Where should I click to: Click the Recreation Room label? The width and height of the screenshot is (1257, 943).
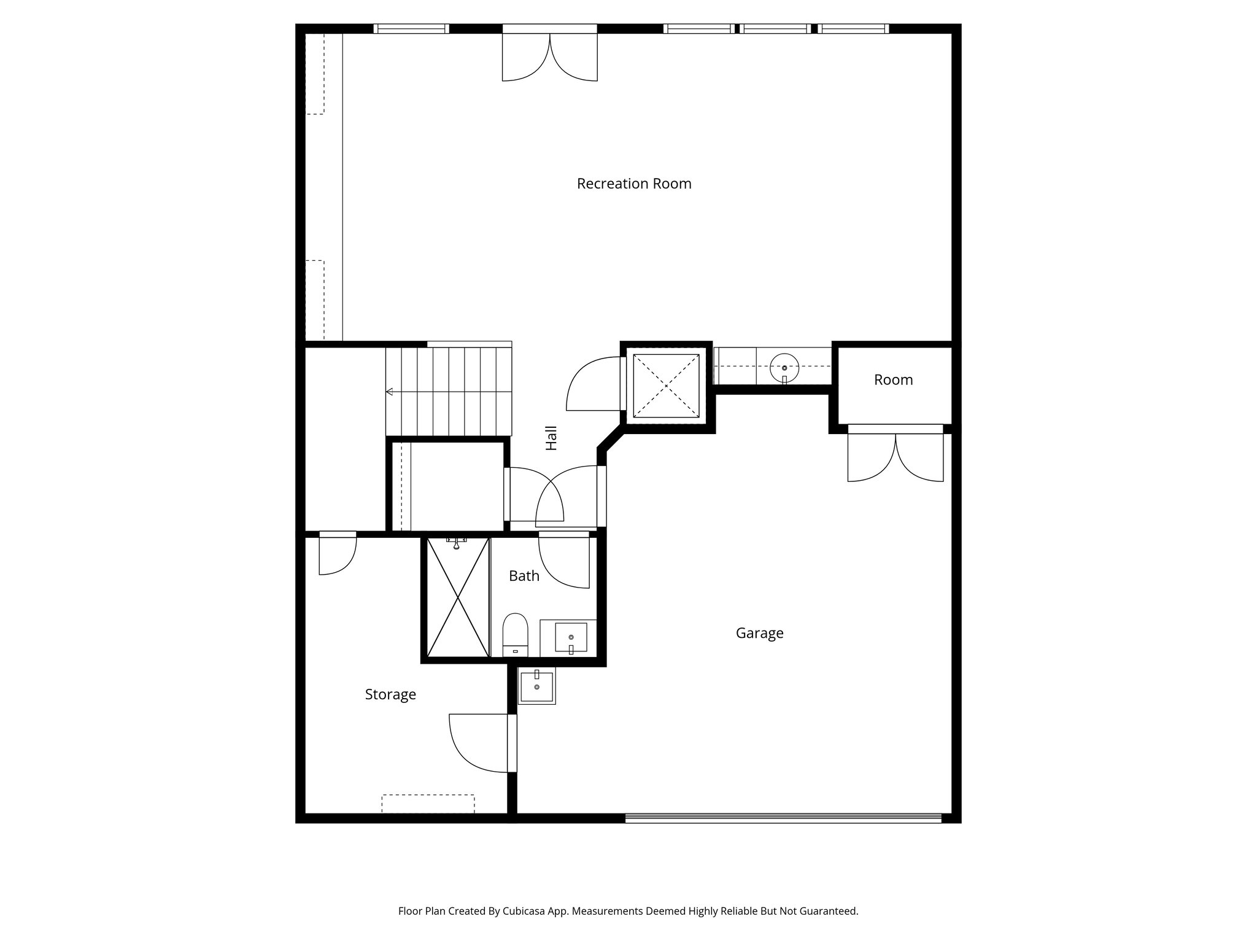point(634,184)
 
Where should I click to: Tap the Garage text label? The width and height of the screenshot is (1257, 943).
point(759,633)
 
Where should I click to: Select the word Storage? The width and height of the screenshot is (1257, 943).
point(390,694)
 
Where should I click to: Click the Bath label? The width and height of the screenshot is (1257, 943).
point(524,576)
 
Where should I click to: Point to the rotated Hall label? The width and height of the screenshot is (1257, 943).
point(552,438)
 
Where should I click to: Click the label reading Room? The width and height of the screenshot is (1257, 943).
point(893,380)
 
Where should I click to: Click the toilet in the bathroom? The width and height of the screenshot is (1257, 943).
point(516,635)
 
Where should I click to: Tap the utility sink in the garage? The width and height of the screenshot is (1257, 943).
point(537,686)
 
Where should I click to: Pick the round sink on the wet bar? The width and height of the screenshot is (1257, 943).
point(784,367)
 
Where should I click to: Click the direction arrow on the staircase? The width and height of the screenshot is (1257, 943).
point(390,392)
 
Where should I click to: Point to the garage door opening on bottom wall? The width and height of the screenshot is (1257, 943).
point(783,818)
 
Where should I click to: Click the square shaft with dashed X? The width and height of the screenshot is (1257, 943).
point(666,385)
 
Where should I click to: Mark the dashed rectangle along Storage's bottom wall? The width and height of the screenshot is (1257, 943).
point(428,804)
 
